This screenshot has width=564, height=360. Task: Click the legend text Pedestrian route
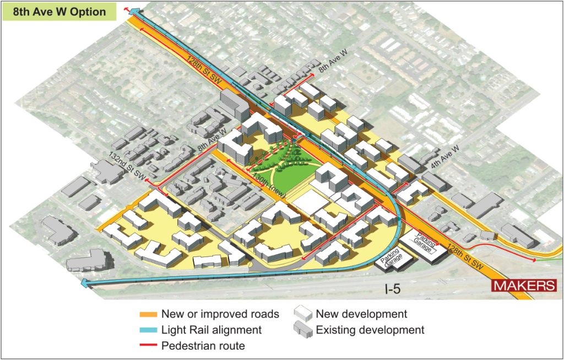pyautogui.click(x=203, y=346)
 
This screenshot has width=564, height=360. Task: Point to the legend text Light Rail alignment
pyautogui.click(x=211, y=330)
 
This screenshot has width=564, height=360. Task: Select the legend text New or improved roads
pyautogui.click(x=220, y=315)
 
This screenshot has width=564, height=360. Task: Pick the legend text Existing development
pyautogui.click(x=370, y=330)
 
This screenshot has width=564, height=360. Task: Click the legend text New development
pyautogui.click(x=361, y=314)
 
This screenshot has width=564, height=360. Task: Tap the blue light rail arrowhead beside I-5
pyautogui.click(x=84, y=283)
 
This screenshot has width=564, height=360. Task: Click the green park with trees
pyautogui.click(x=280, y=168)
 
